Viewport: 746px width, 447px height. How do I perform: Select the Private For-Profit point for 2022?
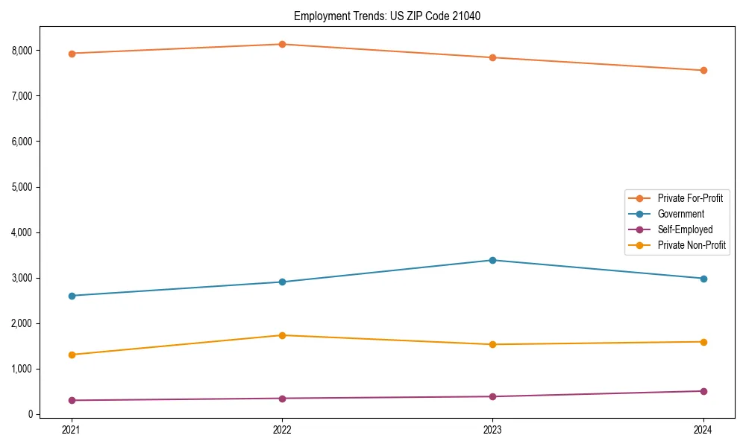(x=282, y=44)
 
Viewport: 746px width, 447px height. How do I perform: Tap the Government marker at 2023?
(x=492, y=260)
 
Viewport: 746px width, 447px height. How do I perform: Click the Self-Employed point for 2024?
(x=703, y=391)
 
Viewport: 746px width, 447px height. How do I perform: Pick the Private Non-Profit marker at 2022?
(x=282, y=335)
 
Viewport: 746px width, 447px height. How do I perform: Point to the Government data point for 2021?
(x=72, y=296)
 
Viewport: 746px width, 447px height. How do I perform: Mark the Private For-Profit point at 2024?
(x=703, y=71)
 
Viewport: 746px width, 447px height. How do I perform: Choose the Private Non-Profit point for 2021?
(x=72, y=355)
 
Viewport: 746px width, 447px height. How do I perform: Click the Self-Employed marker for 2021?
(x=72, y=400)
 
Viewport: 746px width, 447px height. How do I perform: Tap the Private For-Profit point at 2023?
(x=492, y=57)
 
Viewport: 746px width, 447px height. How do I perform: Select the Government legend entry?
(x=680, y=214)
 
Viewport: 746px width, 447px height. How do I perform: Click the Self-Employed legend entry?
(x=685, y=229)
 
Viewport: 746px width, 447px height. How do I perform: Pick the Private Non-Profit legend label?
(x=692, y=245)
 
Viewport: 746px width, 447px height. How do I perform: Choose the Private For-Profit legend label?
(x=690, y=198)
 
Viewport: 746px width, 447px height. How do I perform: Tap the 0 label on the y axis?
(x=31, y=414)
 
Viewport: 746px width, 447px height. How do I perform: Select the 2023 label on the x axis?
(x=492, y=430)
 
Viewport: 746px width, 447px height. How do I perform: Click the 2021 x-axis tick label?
(x=72, y=430)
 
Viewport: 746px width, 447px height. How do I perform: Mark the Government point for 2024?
(x=703, y=279)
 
